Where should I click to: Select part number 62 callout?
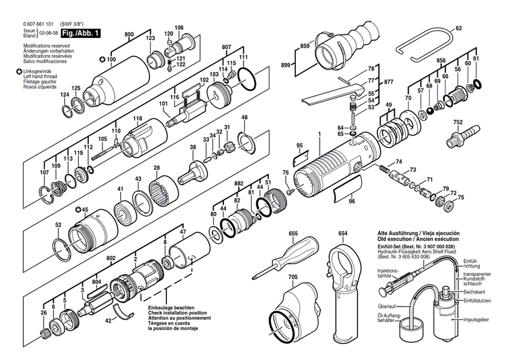(458, 28)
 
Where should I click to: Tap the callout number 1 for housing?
(318, 139)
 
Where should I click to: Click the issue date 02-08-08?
(48, 31)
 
